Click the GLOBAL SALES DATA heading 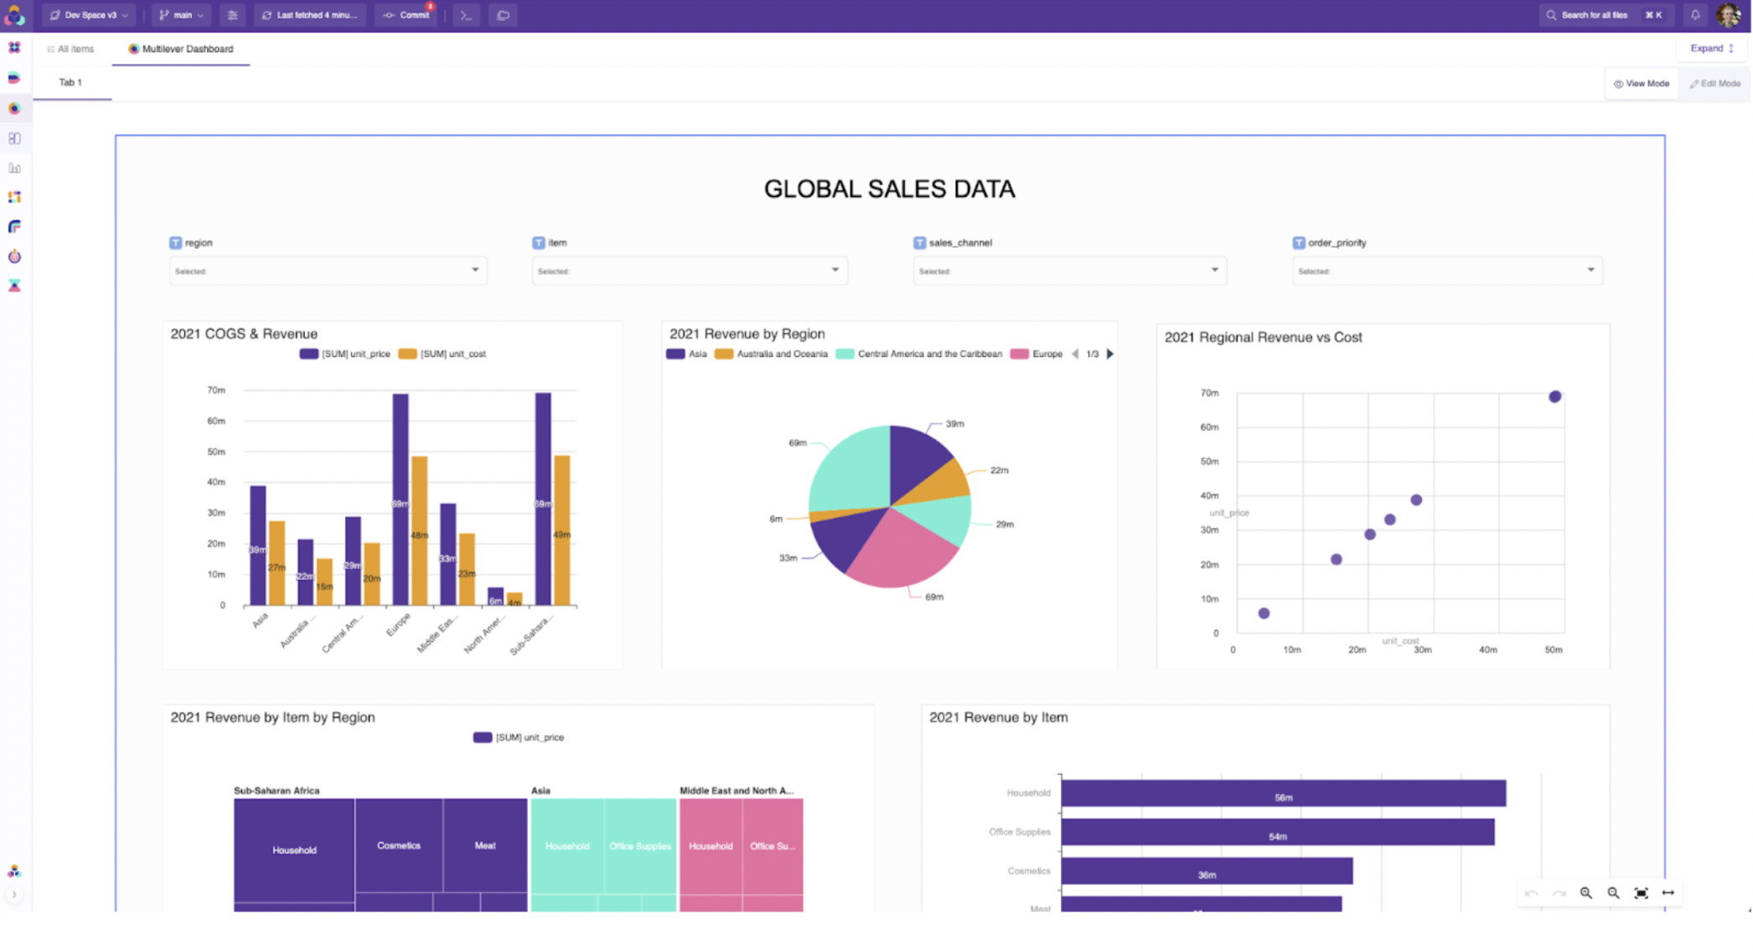[889, 189]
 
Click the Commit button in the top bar [407, 15]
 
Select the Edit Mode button [1715, 84]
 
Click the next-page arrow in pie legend [1110, 354]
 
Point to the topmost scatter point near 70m [1554, 396]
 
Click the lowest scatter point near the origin [1264, 613]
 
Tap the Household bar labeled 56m [1282, 793]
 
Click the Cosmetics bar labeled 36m [1207, 870]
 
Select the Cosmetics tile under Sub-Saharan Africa [398, 845]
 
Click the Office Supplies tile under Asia [640, 845]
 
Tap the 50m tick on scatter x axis [1553, 650]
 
